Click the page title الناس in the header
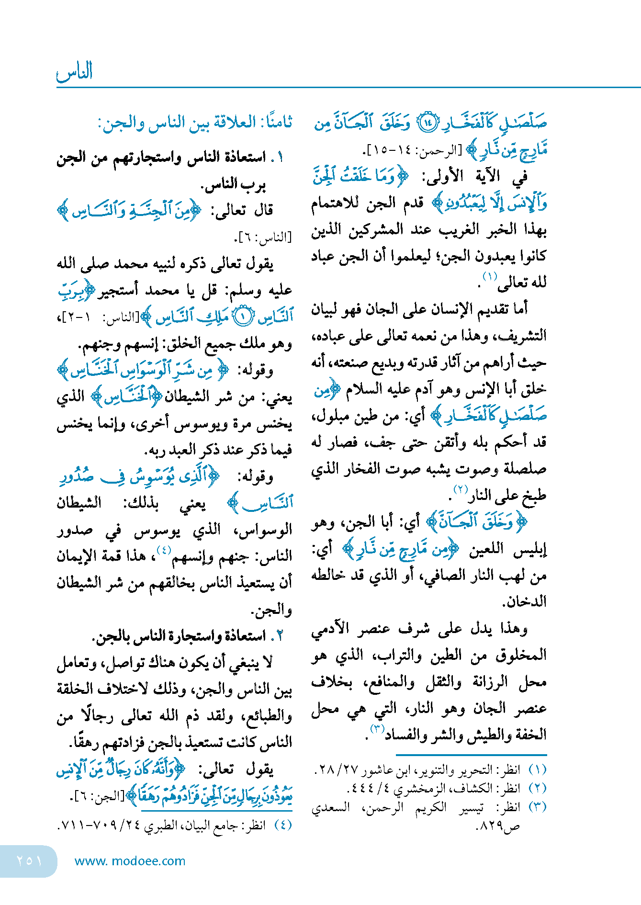tap(75, 72)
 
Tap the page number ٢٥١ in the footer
tap(29, 860)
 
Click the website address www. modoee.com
tap(130, 861)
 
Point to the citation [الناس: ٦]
tap(263, 237)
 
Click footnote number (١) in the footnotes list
tap(538, 769)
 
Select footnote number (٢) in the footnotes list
tap(538, 788)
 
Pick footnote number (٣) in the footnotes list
tap(538, 806)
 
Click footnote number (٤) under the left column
tap(283, 825)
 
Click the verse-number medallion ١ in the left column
tap(243, 317)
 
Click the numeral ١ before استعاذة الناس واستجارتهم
tap(281, 157)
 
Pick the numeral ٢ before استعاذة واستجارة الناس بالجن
tap(281, 636)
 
